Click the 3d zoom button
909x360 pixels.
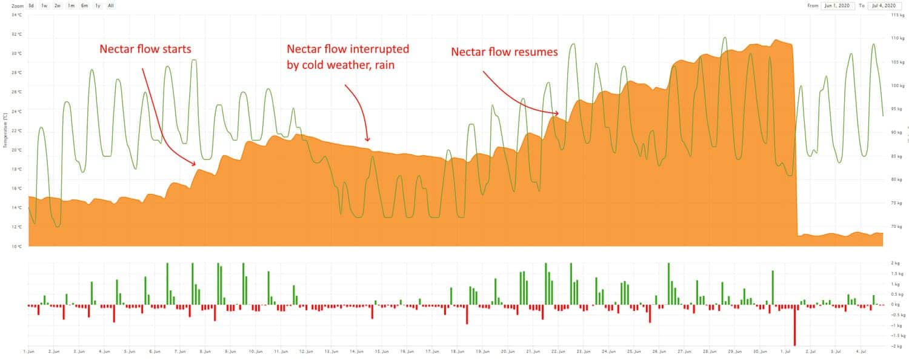click(31, 5)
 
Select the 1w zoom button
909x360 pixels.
click(44, 5)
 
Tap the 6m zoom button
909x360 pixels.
click(84, 5)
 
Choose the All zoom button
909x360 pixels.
click(111, 5)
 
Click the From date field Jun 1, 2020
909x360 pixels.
click(837, 5)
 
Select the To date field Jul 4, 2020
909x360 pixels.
click(882, 5)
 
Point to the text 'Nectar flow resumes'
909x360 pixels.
click(504, 52)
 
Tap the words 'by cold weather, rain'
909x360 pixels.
click(341, 64)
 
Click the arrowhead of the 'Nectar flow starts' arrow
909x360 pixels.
click(195, 164)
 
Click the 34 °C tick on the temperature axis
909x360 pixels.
click(17, 15)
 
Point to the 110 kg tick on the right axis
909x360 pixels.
click(897, 38)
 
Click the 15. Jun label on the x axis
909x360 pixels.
click(381, 351)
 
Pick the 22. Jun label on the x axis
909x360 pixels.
click(558, 351)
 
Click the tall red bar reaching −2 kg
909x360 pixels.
click(794, 325)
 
